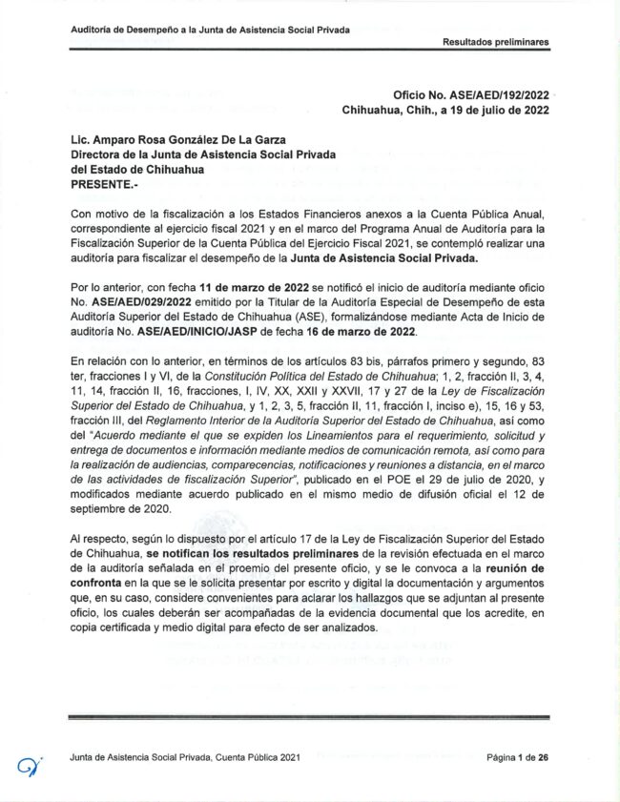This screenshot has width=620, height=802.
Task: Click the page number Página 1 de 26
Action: click(x=517, y=757)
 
